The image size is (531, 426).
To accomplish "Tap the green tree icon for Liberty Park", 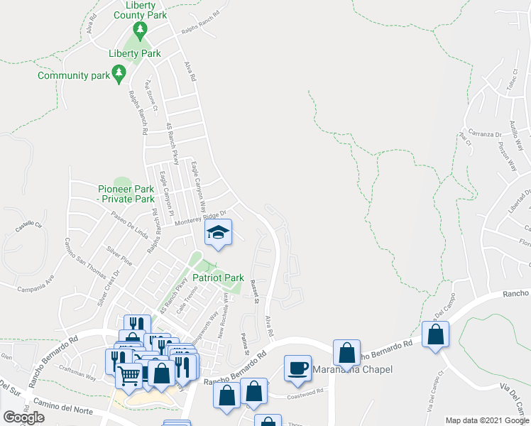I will pos(141,31).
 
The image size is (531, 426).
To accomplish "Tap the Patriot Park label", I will pos(218,278).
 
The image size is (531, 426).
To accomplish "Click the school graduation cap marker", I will pos(219,233).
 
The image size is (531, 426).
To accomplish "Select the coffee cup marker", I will pos(297,368).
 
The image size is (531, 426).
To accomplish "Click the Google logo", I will pos(23,417).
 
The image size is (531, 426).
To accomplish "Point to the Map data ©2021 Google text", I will pos(486,420).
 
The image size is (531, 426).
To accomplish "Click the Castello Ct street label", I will pos(30,228).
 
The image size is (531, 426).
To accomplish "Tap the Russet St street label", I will pos(254,291).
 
